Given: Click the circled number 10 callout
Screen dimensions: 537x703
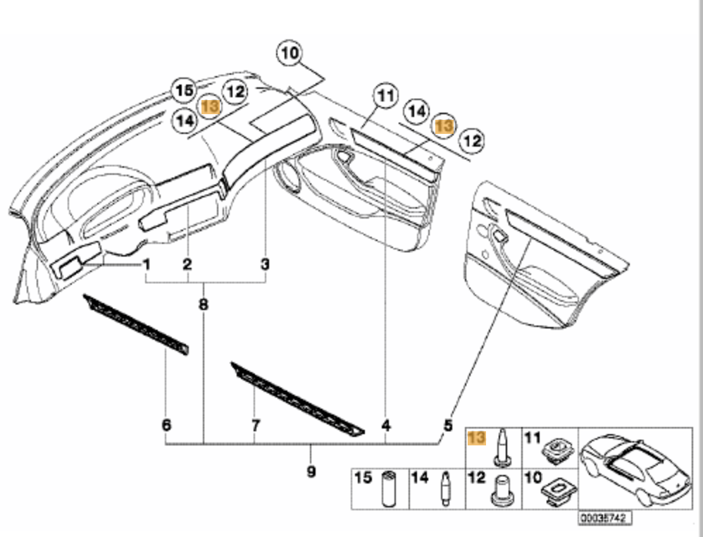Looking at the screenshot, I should (290, 54).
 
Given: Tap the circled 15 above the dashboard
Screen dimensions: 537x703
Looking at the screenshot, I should (185, 90).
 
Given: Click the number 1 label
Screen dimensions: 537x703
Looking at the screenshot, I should (147, 265).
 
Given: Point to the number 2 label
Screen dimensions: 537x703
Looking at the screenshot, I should (187, 265).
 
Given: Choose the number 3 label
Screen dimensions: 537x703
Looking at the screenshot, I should (265, 265).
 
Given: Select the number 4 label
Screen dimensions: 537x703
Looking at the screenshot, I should (386, 425).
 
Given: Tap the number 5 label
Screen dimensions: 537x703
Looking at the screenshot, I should (447, 425).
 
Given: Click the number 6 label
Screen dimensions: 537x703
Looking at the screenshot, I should (166, 425).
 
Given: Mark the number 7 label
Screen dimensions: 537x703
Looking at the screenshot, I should (256, 425).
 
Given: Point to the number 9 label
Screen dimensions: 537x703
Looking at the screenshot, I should (311, 471).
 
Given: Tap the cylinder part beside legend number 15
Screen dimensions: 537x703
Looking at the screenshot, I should (387, 488).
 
